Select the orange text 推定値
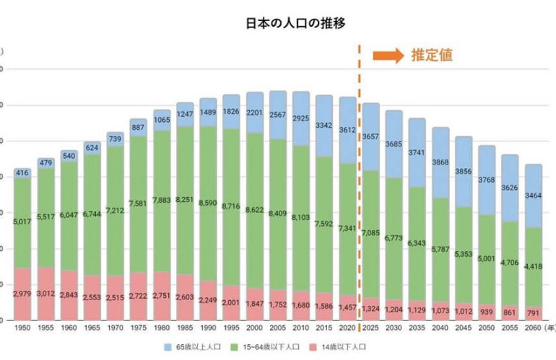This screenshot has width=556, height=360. pos(432,56)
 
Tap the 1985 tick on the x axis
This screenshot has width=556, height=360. pos(185,328)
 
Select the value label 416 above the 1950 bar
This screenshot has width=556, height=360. pos(22,173)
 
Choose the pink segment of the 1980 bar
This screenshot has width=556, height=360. pos(162,295)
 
